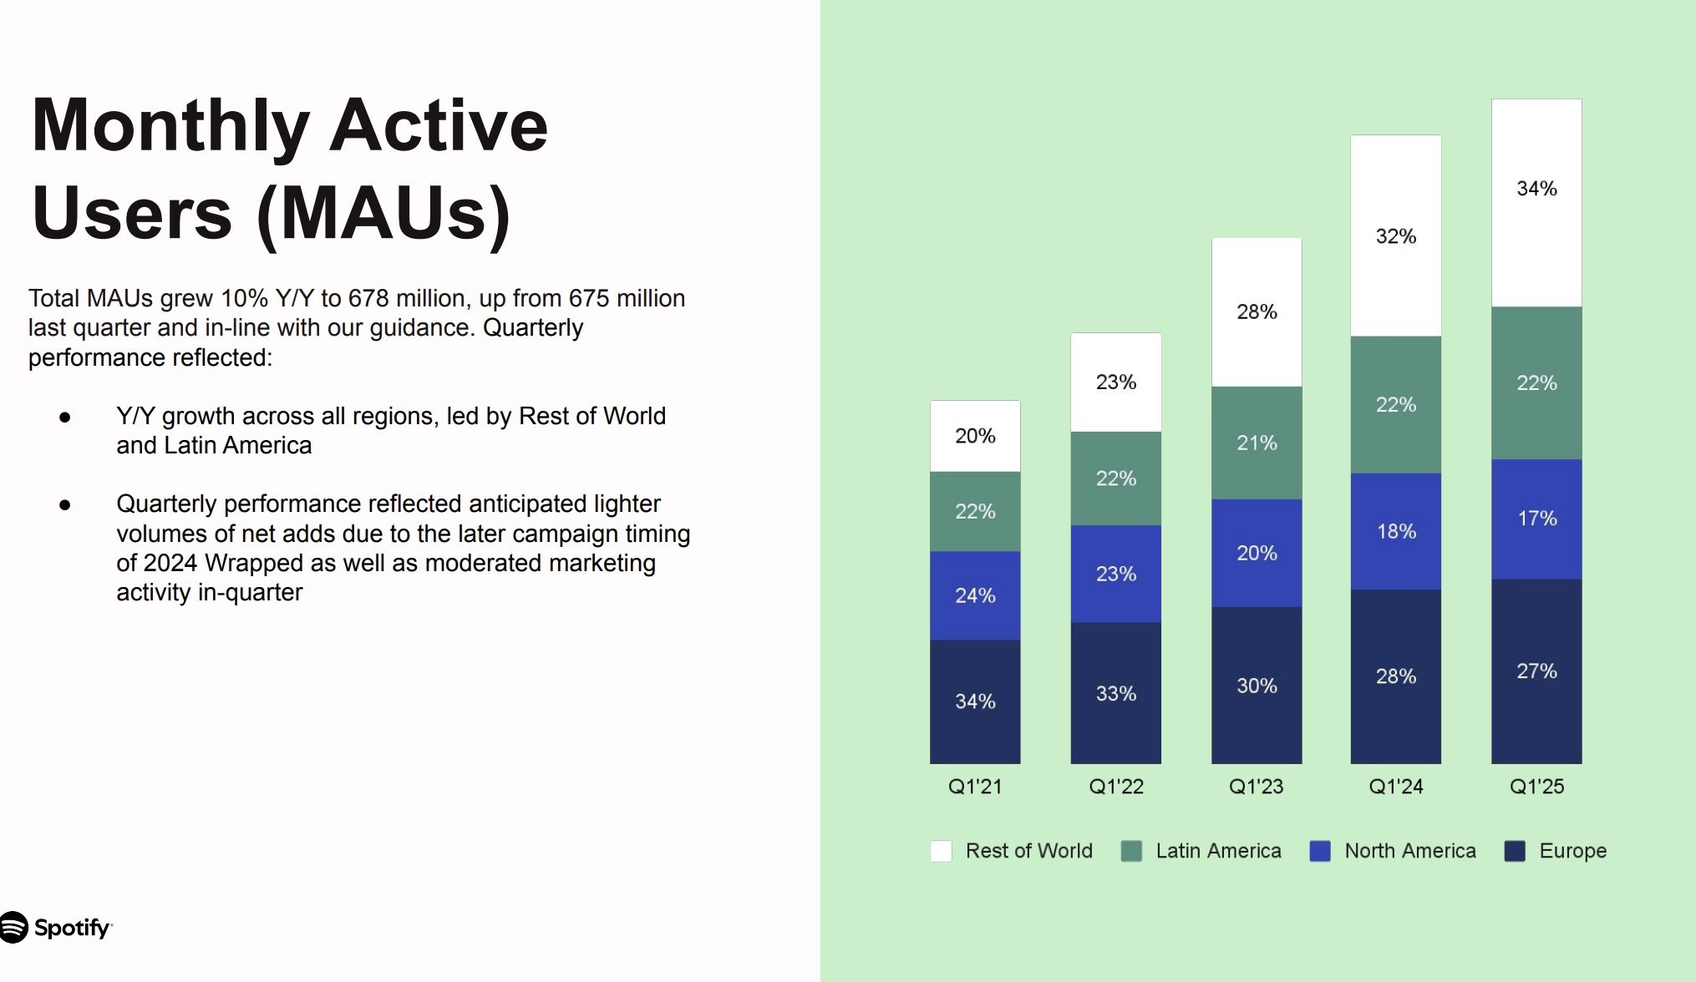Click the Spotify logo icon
(13, 927)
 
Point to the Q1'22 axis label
(1116, 787)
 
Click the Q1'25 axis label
(1536, 787)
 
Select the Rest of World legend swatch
(941, 851)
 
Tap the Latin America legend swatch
(1131, 851)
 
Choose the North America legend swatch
(1320, 851)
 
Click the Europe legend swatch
(1515, 851)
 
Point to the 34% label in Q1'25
(1536, 189)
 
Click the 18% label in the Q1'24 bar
(1396, 531)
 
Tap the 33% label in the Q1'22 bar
(1116, 693)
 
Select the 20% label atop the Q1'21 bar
(975, 436)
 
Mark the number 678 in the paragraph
(368, 298)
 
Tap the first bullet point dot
(65, 417)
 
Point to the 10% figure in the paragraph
(245, 298)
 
